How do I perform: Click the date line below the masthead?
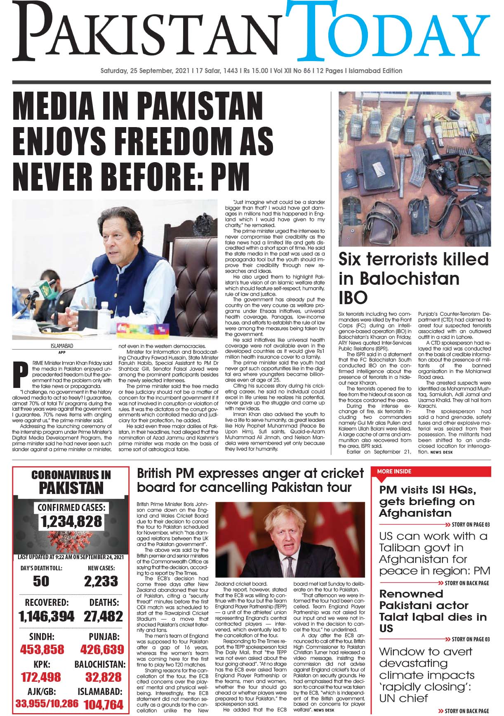(x=252, y=71)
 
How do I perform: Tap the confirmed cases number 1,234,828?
(x=71, y=522)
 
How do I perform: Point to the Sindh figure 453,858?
(x=42, y=649)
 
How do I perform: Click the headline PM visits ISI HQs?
(x=427, y=501)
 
